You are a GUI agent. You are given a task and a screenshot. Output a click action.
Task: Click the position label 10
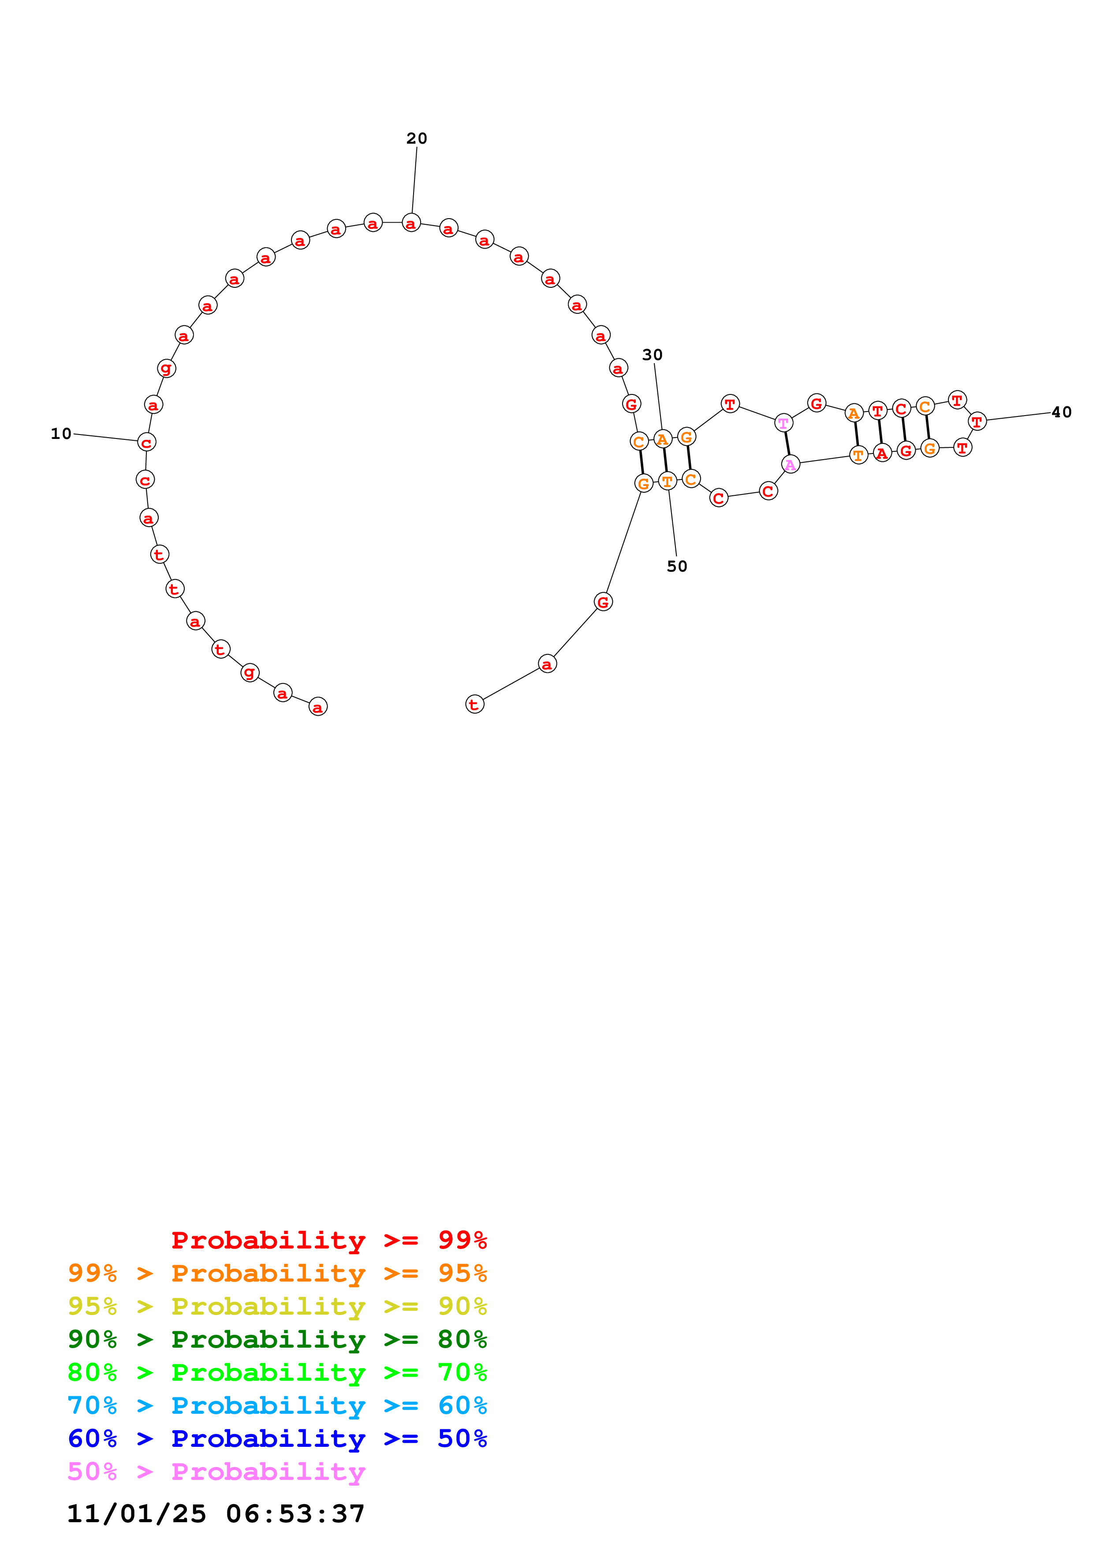60,434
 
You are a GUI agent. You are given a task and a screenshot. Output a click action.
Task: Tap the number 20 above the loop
416,138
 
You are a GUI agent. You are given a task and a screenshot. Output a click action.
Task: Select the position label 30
652,355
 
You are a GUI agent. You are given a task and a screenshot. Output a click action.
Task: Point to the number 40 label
1061,412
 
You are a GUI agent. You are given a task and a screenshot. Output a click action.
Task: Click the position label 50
677,566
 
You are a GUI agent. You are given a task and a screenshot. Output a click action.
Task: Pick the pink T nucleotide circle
783,423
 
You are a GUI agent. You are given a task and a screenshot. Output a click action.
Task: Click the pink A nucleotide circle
790,464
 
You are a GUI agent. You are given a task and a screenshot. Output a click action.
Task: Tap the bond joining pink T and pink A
787,443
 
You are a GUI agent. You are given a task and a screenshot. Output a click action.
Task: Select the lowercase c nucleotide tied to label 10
146,442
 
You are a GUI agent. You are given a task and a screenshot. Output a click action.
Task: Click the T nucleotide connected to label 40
977,421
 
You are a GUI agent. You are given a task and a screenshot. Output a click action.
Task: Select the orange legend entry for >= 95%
277,1273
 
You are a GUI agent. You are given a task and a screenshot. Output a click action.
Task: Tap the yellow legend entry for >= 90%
277,1306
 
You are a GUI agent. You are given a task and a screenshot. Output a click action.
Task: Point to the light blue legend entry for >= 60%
277,1405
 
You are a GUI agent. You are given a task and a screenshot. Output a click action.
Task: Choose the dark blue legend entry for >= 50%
277,1438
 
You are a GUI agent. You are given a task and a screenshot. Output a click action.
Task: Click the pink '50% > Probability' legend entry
216,1471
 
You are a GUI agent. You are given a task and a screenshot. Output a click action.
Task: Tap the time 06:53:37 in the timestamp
295,1514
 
